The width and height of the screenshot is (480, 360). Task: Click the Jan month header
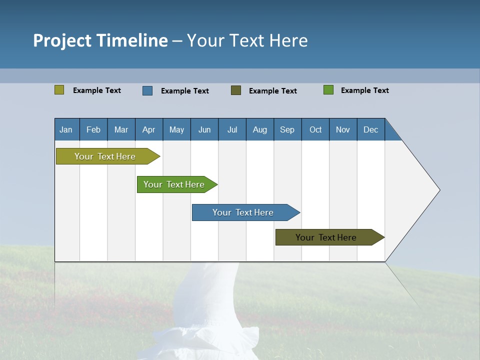pos(66,129)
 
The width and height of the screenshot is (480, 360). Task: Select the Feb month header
pos(93,129)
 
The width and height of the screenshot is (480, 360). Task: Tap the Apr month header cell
pos(149,129)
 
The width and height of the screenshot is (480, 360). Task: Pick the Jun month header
pos(204,129)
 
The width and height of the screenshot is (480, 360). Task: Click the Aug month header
pos(260,129)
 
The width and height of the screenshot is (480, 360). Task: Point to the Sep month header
pos(287,129)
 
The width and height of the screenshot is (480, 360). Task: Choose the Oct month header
pos(315,129)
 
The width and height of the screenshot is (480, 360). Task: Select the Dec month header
pos(371,129)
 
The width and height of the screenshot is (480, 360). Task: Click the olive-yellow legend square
pos(59,90)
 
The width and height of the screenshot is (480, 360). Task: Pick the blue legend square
pos(147,90)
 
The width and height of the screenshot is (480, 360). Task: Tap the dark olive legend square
pos(236,90)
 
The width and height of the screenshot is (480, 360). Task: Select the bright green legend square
pos(328,90)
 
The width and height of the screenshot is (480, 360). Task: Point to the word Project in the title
pos(62,40)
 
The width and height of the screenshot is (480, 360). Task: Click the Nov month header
pos(343,129)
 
